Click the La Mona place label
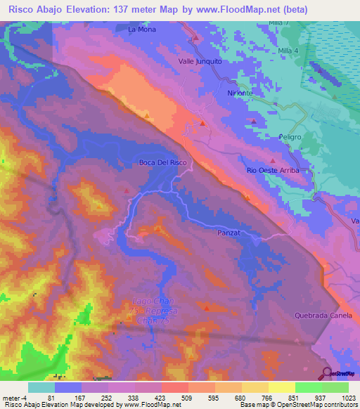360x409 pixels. (141, 30)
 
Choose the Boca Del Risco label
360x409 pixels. (163, 163)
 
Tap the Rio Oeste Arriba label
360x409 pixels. (273, 171)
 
